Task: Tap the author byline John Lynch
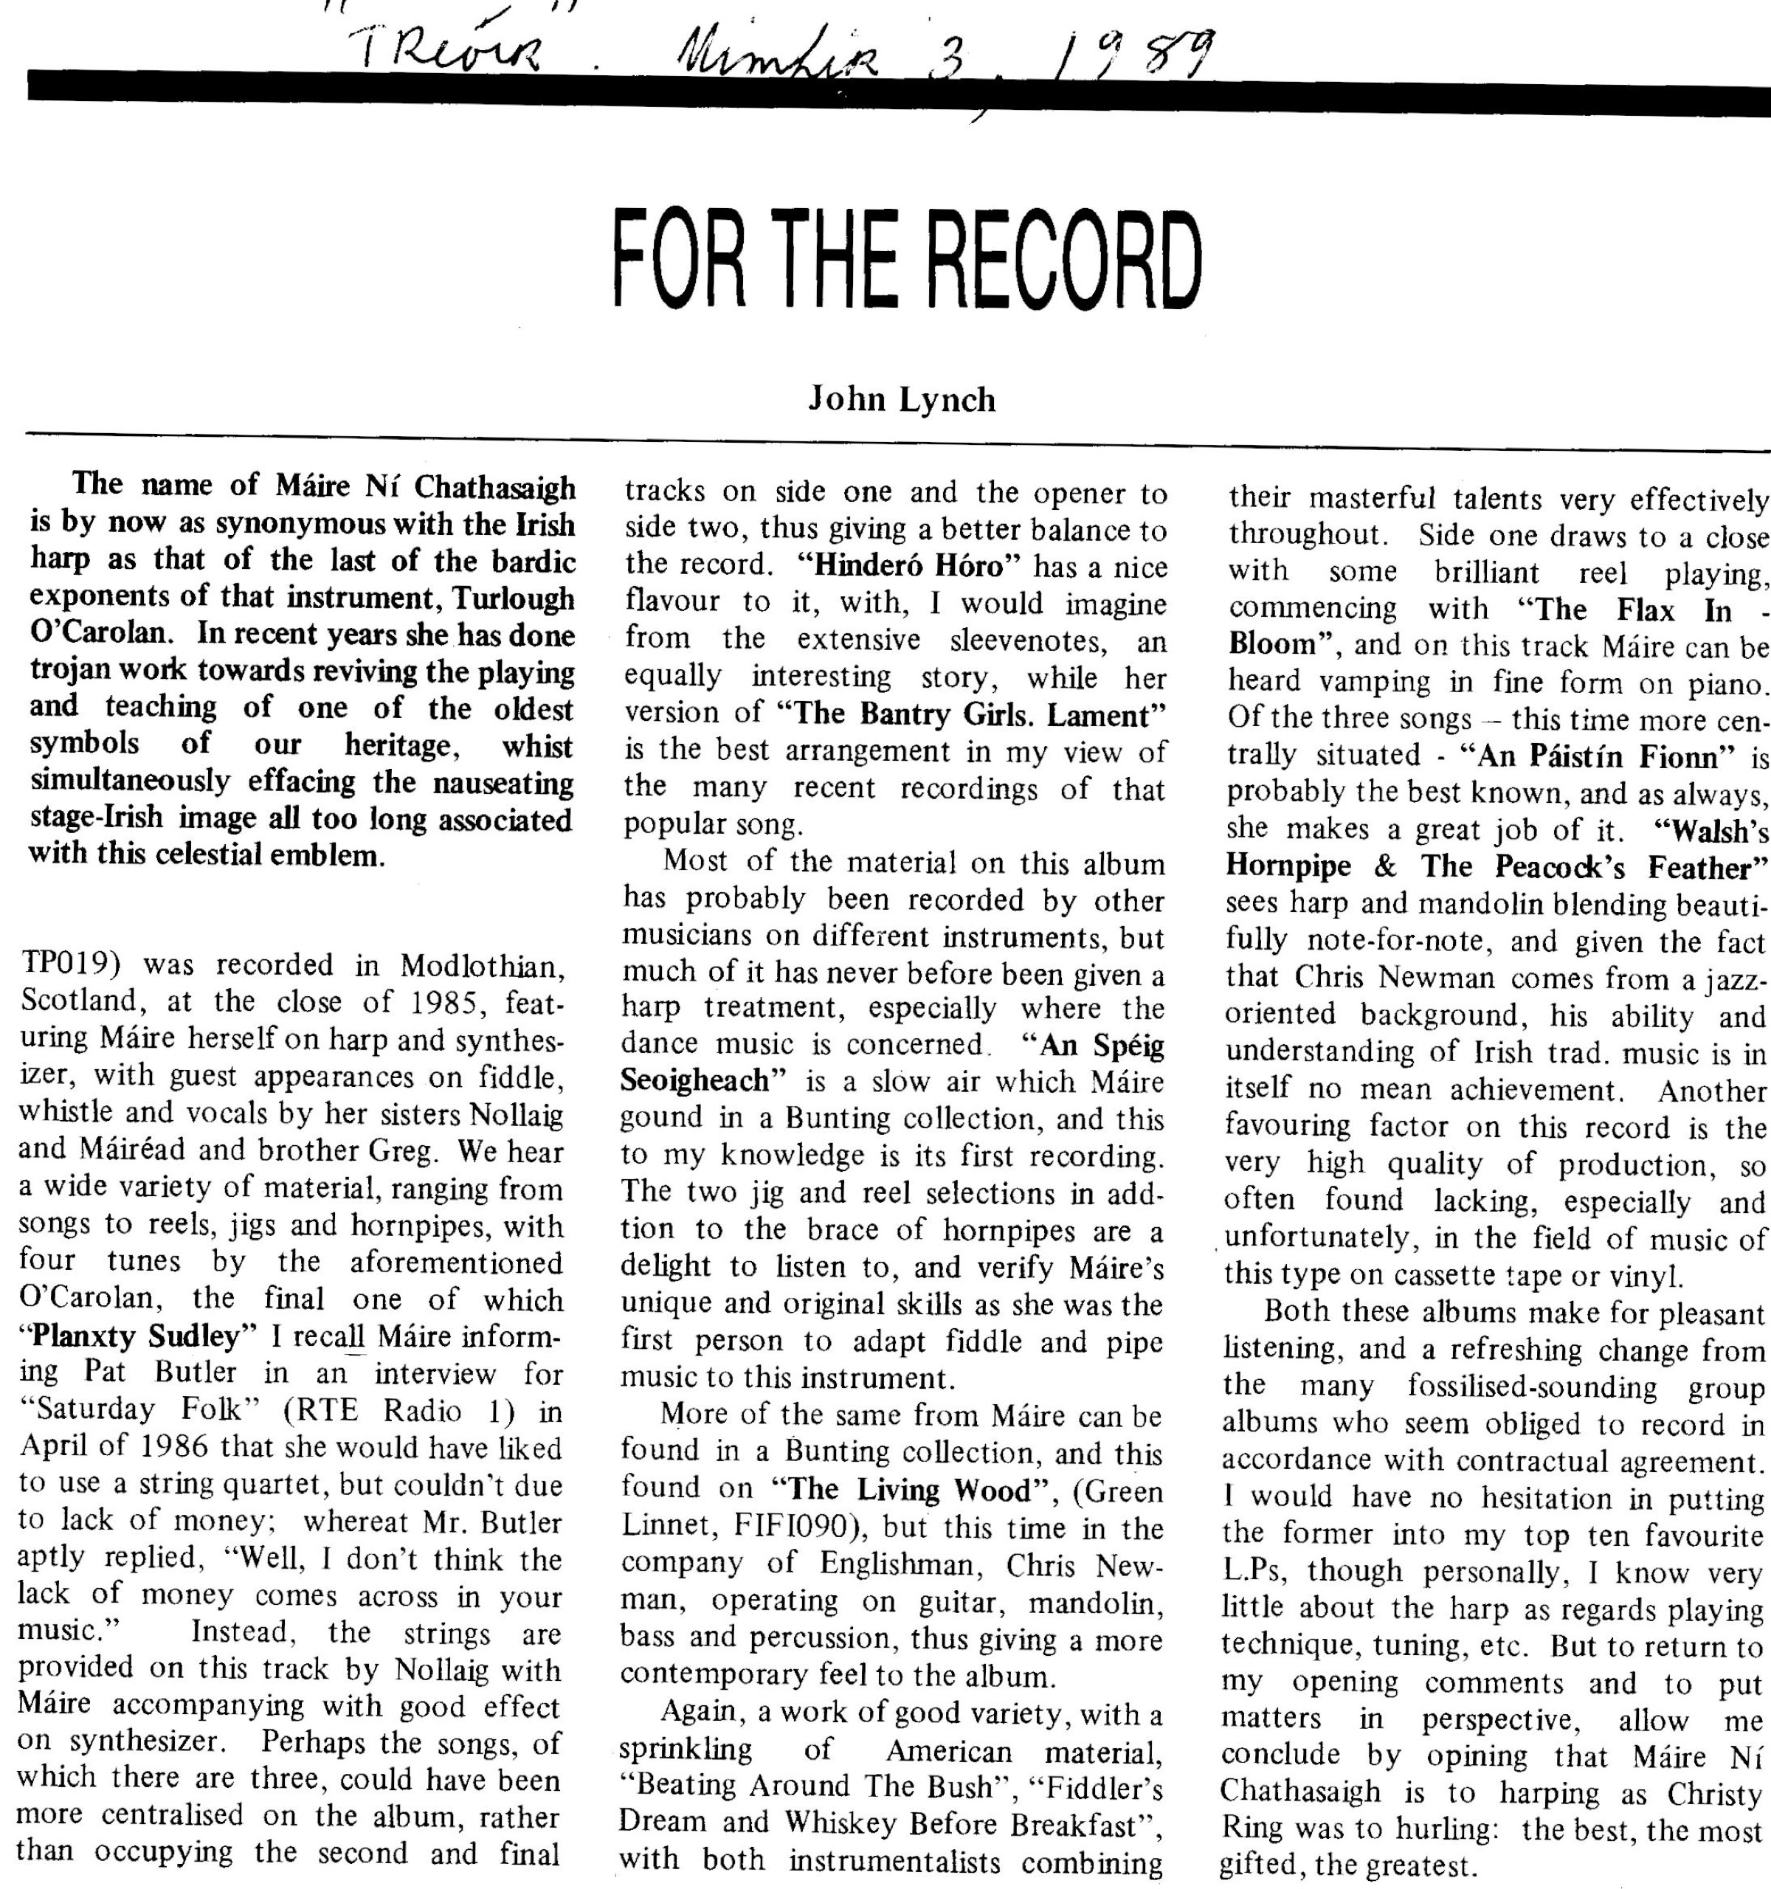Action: (902, 399)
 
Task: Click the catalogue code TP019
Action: (66, 965)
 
